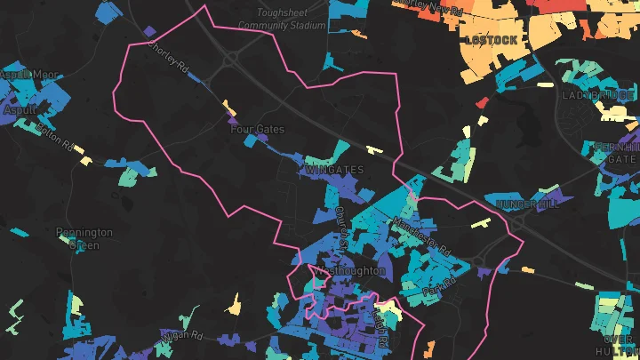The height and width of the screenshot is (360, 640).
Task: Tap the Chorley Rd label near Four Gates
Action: click(x=169, y=59)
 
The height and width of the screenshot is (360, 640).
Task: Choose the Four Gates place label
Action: click(x=258, y=129)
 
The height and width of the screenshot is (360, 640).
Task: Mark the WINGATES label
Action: click(x=333, y=168)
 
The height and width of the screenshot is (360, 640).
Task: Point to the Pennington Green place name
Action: click(x=84, y=238)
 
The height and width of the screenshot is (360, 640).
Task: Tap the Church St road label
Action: click(x=341, y=228)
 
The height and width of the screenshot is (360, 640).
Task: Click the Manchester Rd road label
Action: click(x=421, y=234)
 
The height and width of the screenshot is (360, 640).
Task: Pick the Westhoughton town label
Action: click(x=350, y=270)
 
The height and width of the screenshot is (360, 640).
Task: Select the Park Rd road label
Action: click(x=439, y=287)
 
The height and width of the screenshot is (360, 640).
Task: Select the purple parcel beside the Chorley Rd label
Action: click(x=148, y=32)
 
